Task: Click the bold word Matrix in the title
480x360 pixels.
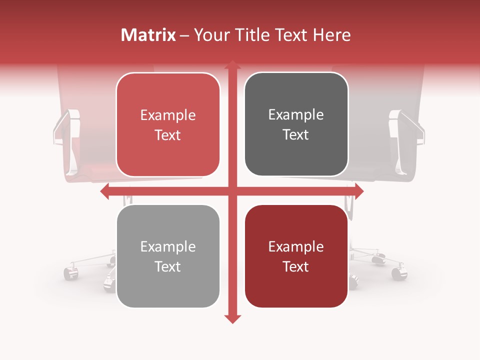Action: [148, 35]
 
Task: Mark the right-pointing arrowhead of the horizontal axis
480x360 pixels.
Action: [359, 191]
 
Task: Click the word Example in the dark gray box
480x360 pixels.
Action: [296, 115]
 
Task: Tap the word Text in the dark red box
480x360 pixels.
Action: [296, 266]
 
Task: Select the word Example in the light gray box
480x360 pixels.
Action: [168, 246]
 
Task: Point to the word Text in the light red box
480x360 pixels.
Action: [168, 135]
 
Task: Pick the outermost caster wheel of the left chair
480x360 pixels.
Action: [69, 273]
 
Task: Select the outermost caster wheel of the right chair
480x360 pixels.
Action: [398, 273]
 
